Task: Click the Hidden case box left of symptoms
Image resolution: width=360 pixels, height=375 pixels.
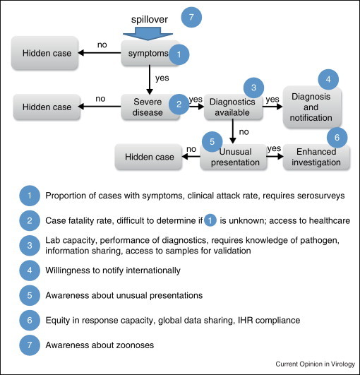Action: point(42,53)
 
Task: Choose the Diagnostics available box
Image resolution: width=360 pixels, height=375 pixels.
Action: point(232,107)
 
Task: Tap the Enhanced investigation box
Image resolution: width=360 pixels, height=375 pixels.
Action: point(317,155)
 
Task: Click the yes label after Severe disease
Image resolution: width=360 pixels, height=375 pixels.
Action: point(196,100)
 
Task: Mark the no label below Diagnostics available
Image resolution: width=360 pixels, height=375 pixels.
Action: point(244,131)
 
